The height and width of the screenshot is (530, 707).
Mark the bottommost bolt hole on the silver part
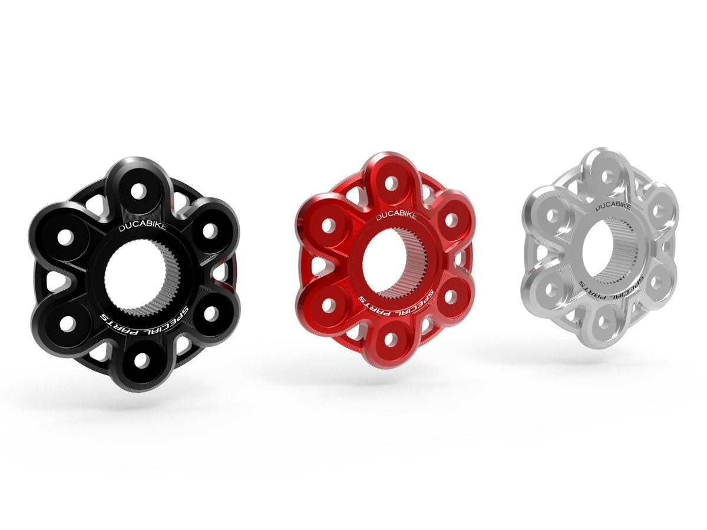(x=602, y=322)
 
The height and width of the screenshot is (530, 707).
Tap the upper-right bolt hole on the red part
(x=451, y=220)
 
